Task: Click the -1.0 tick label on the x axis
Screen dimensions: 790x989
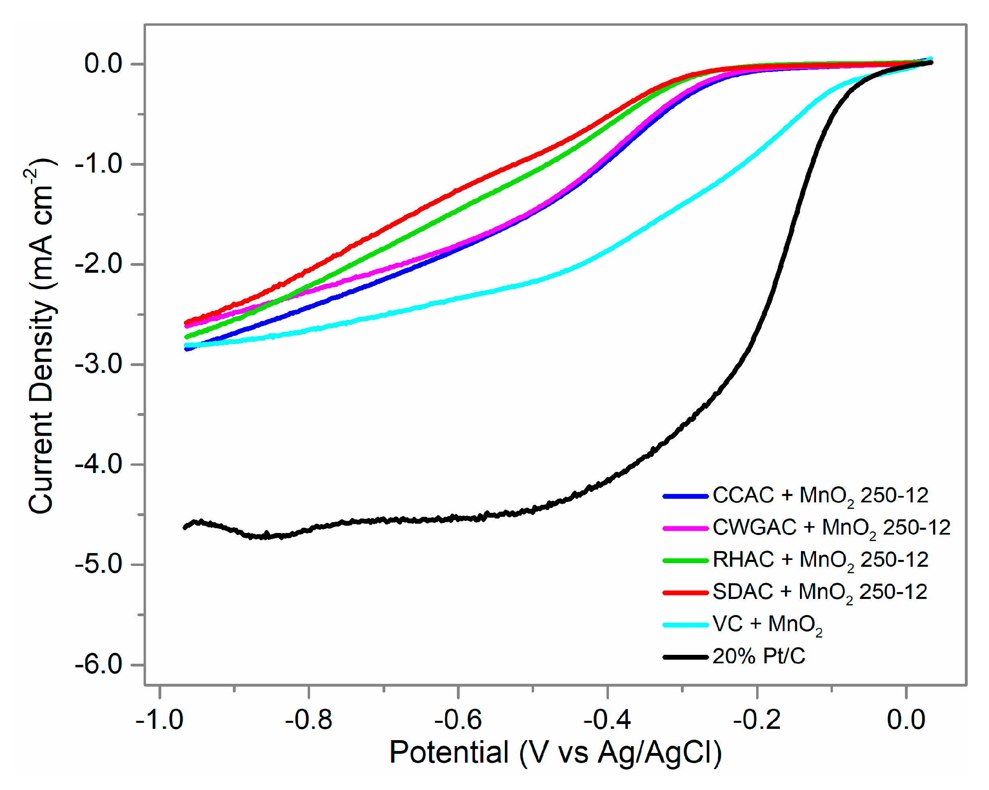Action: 159,719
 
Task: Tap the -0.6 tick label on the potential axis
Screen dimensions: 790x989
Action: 458,719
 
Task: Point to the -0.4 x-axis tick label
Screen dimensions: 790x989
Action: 607,719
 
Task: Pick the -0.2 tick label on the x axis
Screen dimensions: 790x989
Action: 757,719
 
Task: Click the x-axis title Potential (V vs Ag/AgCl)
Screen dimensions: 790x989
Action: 555,753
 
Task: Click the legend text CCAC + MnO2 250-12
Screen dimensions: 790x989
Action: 820,496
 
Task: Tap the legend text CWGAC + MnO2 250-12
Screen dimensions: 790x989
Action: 831,528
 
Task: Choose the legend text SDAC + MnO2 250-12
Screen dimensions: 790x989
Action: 820,592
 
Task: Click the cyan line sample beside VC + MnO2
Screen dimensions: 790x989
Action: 685,625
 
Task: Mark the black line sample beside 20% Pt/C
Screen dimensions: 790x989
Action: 685,657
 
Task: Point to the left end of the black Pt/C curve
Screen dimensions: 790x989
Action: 185,527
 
